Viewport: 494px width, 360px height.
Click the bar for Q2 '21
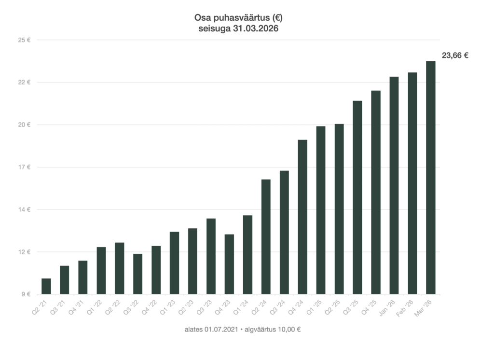[46, 286]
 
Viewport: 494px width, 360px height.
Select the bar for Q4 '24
[302, 217]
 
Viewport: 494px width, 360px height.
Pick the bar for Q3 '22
[138, 274]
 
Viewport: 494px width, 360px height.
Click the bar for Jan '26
[394, 185]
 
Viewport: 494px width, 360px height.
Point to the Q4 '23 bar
[229, 264]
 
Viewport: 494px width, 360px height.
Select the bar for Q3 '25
[357, 197]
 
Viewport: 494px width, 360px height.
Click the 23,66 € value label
[455, 55]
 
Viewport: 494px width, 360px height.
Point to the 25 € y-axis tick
[25, 40]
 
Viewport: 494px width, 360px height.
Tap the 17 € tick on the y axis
[25, 167]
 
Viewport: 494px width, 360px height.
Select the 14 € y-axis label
[25, 210]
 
